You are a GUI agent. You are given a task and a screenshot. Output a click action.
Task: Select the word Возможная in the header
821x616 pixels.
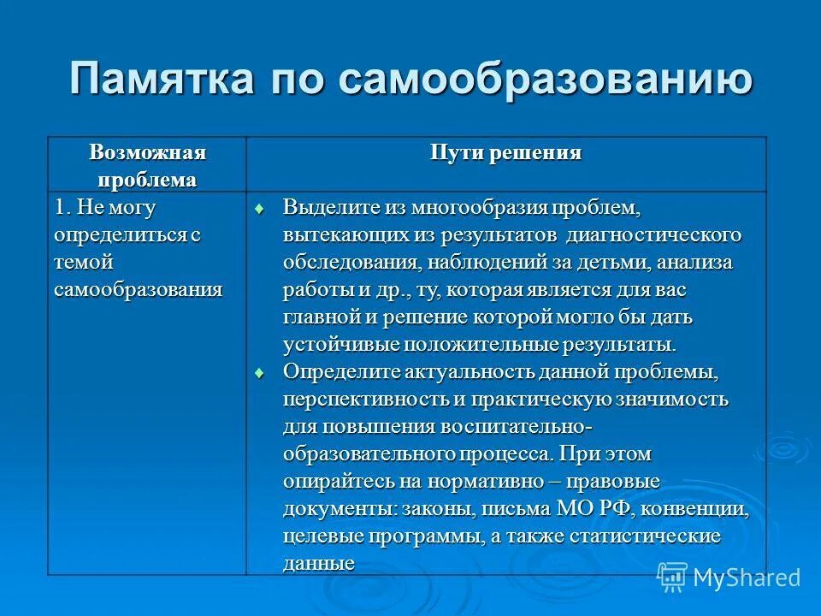click(147, 153)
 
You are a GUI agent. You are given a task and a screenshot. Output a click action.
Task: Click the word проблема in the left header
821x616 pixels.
click(147, 180)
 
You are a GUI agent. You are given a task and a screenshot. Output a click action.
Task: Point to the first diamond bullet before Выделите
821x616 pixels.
click(262, 208)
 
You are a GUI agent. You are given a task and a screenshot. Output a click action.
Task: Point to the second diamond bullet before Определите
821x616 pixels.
click(262, 373)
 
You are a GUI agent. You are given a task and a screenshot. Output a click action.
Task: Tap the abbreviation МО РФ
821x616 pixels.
click(594, 510)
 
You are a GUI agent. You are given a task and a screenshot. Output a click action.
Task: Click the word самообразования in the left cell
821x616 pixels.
click(138, 289)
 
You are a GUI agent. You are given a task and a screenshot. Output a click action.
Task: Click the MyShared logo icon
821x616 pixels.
click(673, 577)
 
